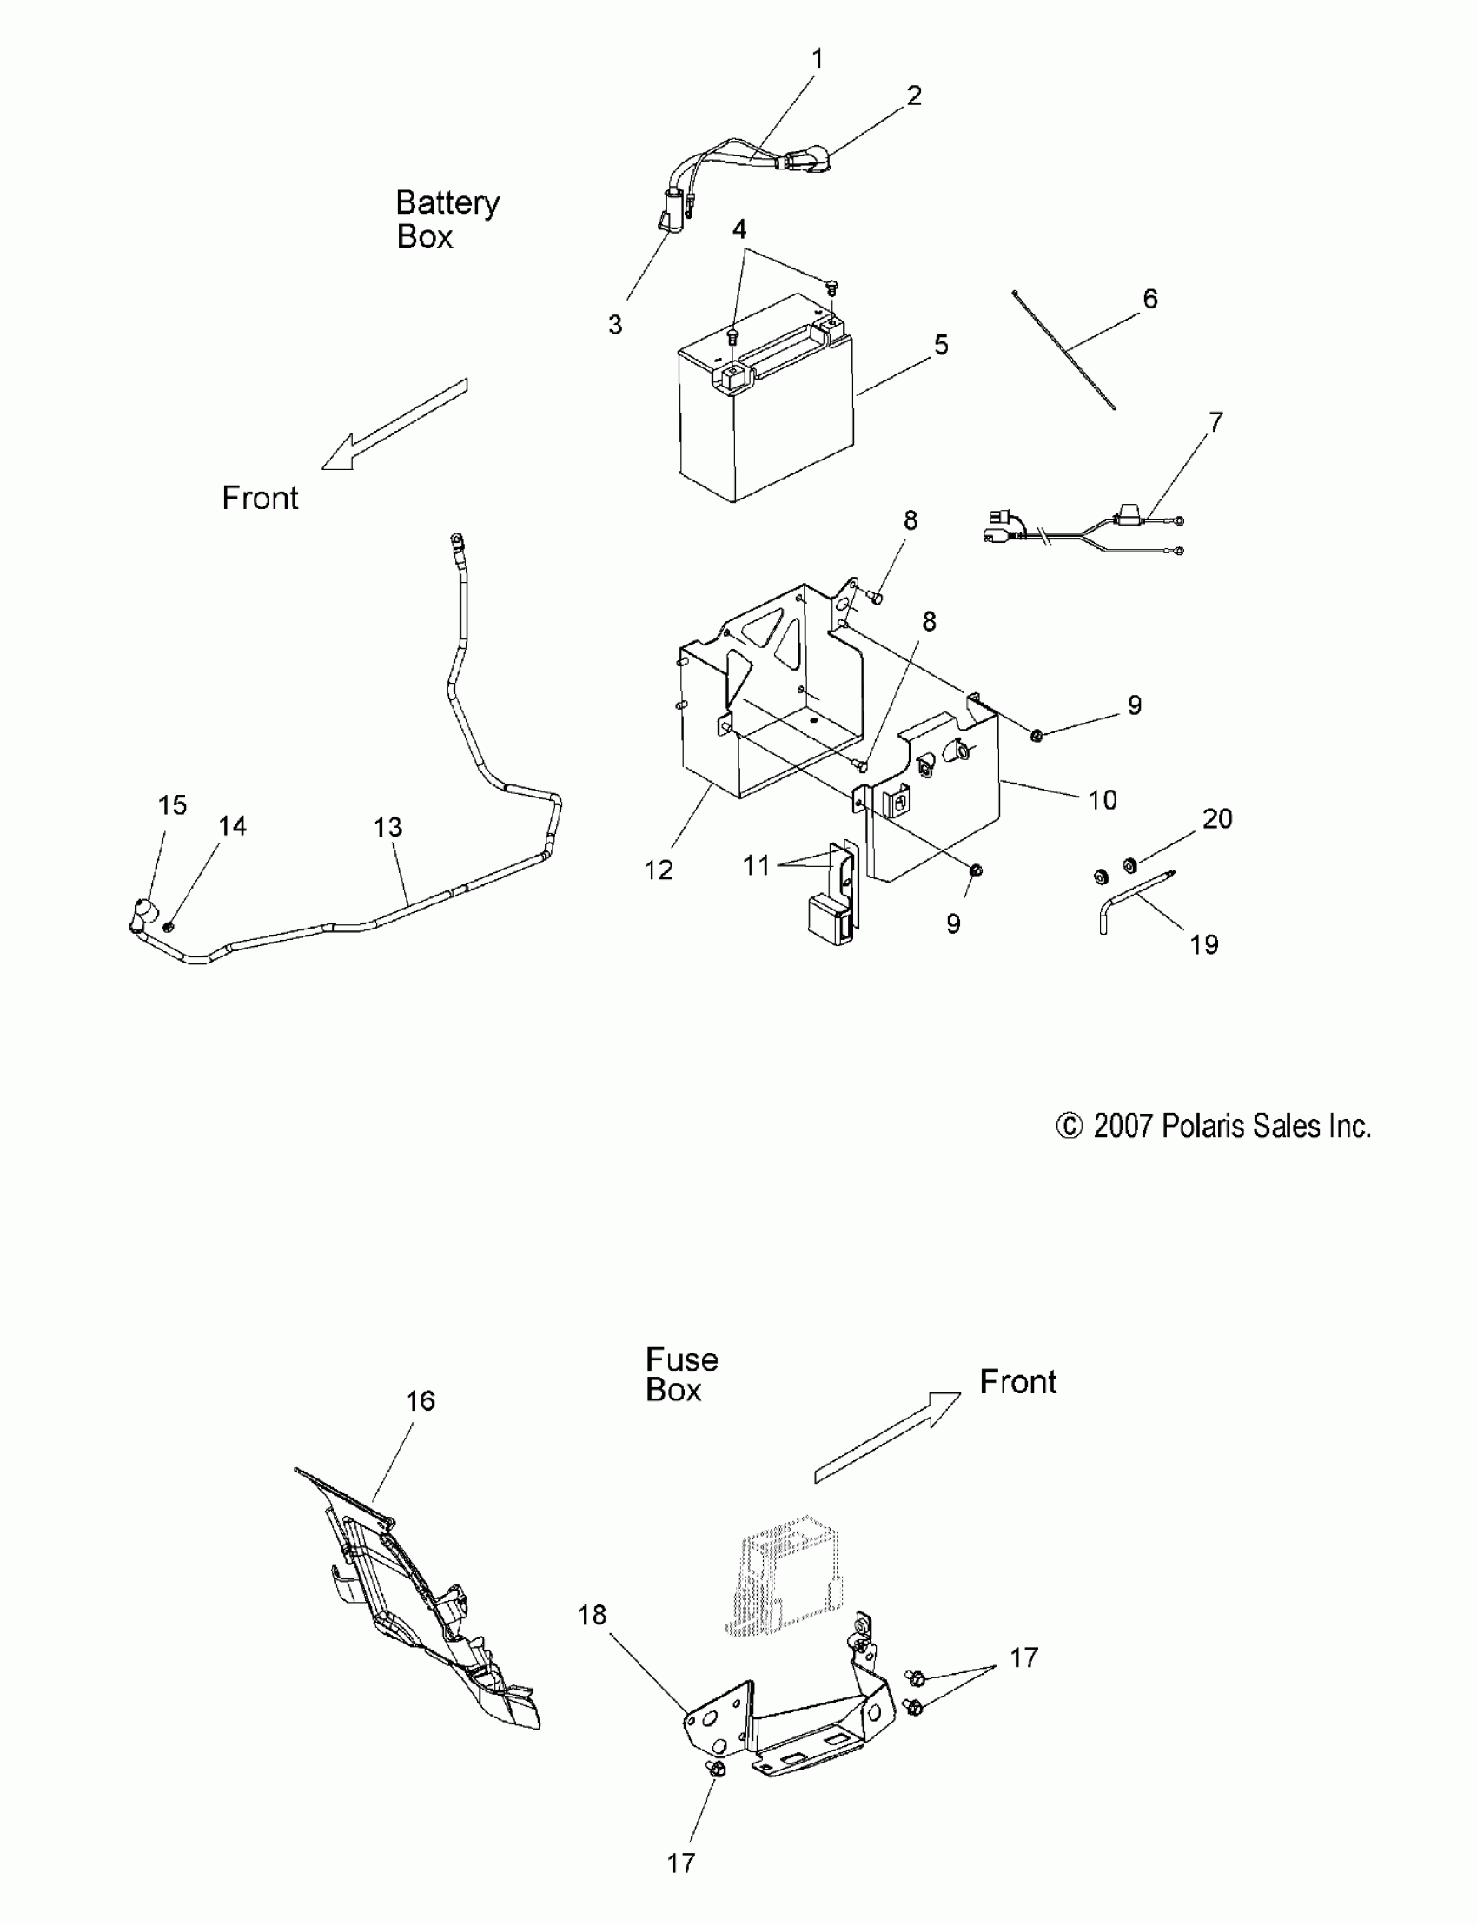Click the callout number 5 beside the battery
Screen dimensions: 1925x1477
941,345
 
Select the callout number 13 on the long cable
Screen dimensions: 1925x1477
387,827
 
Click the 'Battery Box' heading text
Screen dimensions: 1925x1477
447,220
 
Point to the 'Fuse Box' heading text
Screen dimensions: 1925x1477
681,1375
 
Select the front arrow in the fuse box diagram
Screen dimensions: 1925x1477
888,1436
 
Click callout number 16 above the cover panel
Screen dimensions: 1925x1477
421,1401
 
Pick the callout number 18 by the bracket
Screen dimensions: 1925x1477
592,1615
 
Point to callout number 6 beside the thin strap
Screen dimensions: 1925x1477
1150,299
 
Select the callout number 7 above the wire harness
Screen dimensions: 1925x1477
1215,423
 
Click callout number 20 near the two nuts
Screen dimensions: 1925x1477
1216,819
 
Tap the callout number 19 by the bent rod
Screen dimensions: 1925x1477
1203,945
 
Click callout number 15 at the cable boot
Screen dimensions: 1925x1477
172,805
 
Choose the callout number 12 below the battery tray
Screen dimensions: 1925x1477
658,870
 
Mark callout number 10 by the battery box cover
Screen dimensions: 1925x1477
1103,800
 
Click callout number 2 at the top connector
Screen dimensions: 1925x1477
914,95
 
